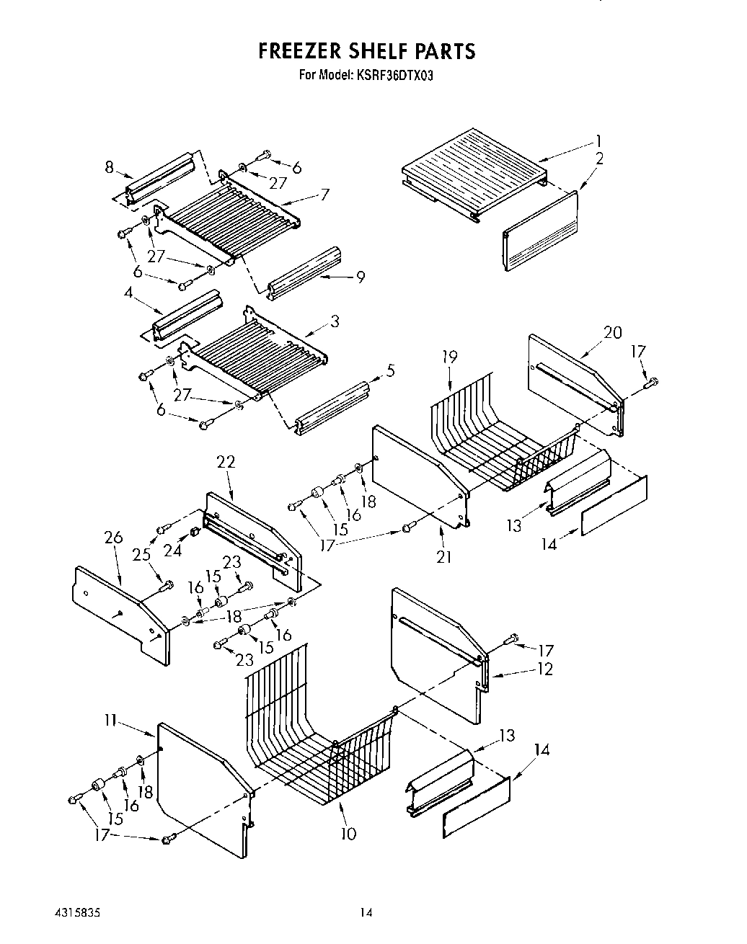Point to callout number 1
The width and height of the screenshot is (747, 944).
pyautogui.click(x=598, y=141)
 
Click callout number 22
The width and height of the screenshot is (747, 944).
pyautogui.click(x=226, y=462)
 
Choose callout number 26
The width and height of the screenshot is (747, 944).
pyautogui.click(x=113, y=538)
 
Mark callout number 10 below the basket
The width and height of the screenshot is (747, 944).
pyautogui.click(x=348, y=834)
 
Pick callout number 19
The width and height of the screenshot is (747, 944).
pyautogui.click(x=450, y=357)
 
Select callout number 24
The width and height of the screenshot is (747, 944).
pyautogui.click(x=172, y=551)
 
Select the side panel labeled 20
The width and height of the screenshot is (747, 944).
pyautogui.click(x=573, y=382)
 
